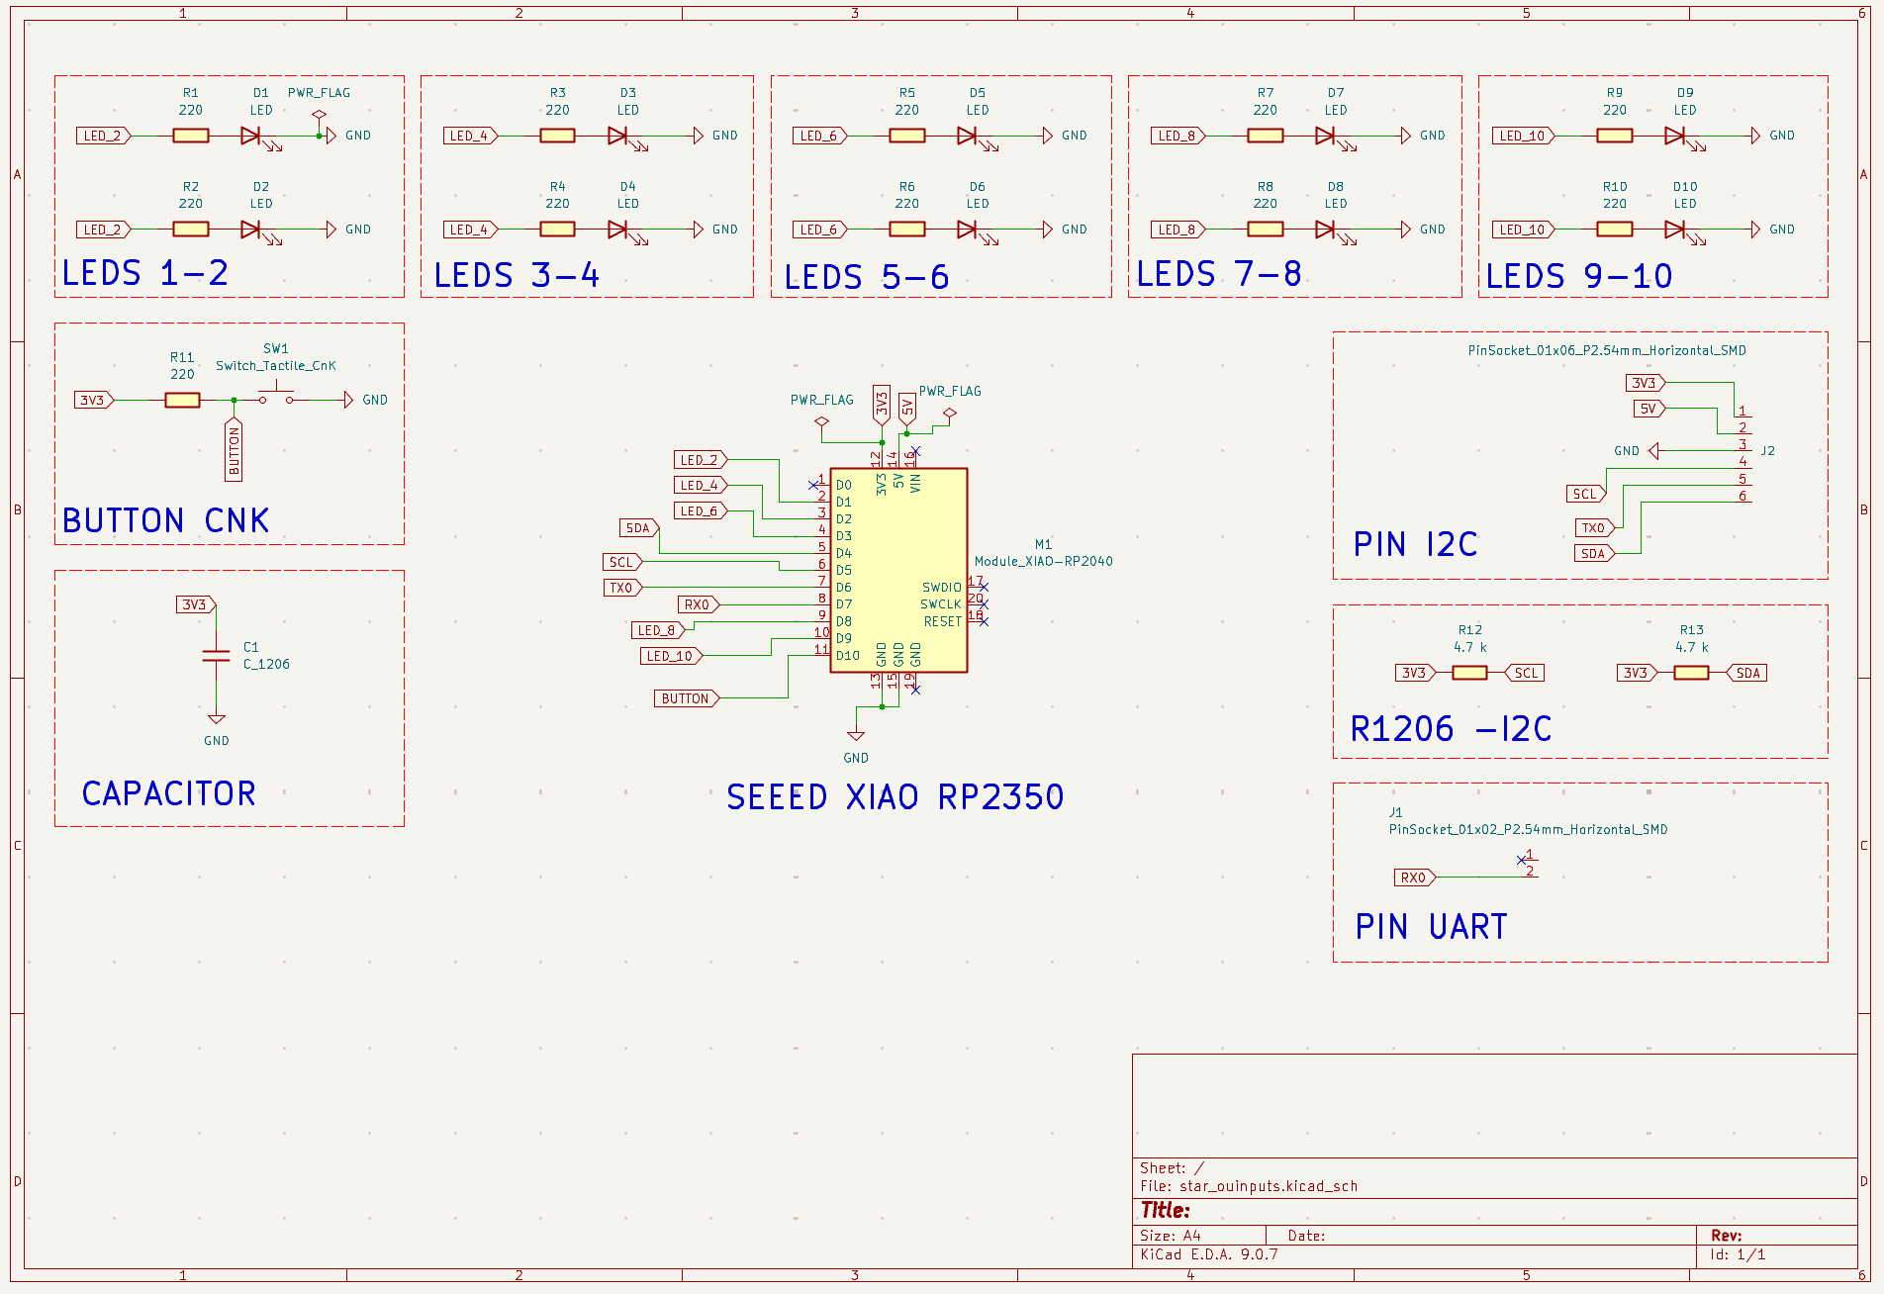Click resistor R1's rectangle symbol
[190, 136]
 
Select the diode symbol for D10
[1674, 230]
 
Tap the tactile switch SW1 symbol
[276, 398]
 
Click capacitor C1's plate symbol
[216, 656]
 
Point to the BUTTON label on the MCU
[685, 698]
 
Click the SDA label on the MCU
[638, 528]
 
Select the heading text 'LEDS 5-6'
[866, 277]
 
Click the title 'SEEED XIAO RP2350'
[895, 796]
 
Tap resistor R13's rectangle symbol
[1691, 673]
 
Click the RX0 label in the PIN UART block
[1413, 878]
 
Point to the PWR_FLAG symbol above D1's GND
[319, 116]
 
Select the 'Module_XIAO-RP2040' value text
[1043, 561]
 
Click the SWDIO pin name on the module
[941, 588]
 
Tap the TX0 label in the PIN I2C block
[1593, 528]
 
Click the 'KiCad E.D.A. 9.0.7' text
[1208, 1254]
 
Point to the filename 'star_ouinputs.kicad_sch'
[1268, 1186]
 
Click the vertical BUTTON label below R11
[235, 451]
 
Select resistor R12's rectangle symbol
[1469, 673]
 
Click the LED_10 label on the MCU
[670, 656]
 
